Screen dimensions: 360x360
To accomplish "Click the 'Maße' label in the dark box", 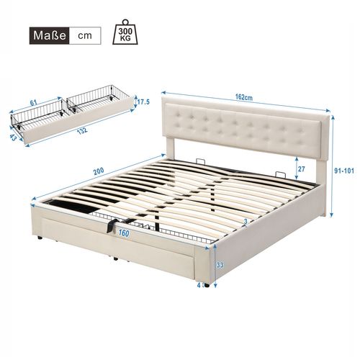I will (47, 35).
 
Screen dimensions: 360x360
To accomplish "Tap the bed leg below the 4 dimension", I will (207, 285).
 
